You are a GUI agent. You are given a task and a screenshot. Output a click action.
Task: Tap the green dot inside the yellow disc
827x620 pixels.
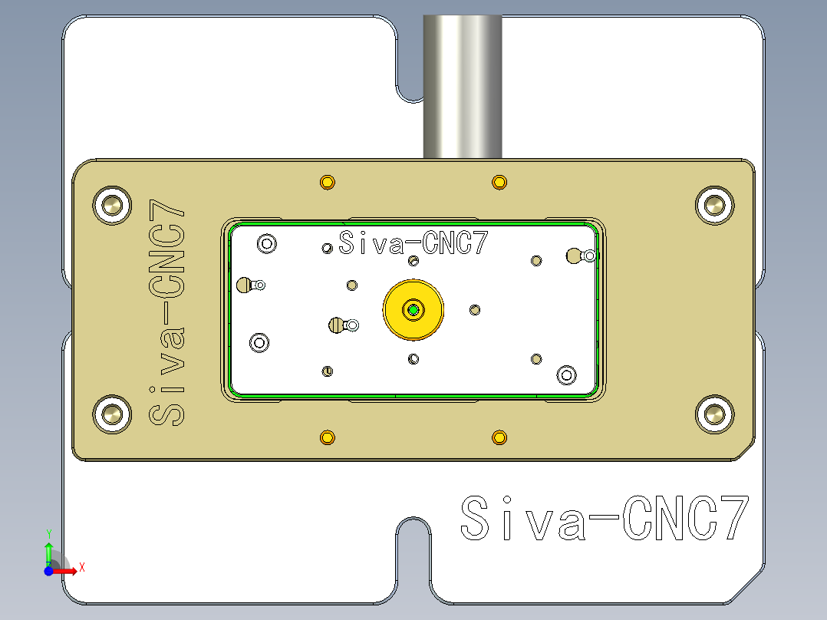pyautogui.click(x=414, y=310)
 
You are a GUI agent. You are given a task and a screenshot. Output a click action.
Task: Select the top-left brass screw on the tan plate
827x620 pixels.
pyautogui.click(x=113, y=205)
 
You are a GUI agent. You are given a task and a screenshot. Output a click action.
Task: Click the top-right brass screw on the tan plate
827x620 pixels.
pyautogui.click(x=715, y=205)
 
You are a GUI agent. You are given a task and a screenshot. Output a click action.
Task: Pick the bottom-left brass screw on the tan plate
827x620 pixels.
pyautogui.click(x=113, y=414)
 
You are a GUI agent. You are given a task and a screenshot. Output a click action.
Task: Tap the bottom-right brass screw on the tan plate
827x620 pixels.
pyautogui.click(x=715, y=414)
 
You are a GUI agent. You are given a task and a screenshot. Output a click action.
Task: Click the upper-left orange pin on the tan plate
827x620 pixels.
pyautogui.click(x=328, y=183)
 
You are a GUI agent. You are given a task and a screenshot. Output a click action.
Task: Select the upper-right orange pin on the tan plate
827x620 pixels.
pyautogui.click(x=499, y=183)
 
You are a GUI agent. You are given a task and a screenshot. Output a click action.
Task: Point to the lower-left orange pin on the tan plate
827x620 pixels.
pyautogui.click(x=328, y=437)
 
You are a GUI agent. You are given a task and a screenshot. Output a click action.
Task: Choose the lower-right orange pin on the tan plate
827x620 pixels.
pyautogui.click(x=499, y=437)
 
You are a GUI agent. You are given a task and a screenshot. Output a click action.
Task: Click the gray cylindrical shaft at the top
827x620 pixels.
pyautogui.click(x=463, y=84)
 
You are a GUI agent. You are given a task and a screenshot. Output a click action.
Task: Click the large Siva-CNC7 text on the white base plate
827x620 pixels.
pyautogui.click(x=604, y=519)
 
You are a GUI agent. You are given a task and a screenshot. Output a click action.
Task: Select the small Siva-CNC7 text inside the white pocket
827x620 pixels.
pyautogui.click(x=413, y=244)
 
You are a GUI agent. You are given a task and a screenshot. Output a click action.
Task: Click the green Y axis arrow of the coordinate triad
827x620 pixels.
pyautogui.click(x=48, y=551)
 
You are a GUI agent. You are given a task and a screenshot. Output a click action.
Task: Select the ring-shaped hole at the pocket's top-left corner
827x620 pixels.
pyautogui.click(x=267, y=244)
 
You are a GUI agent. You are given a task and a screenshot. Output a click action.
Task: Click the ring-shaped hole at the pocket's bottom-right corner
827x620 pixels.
pyautogui.click(x=566, y=374)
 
